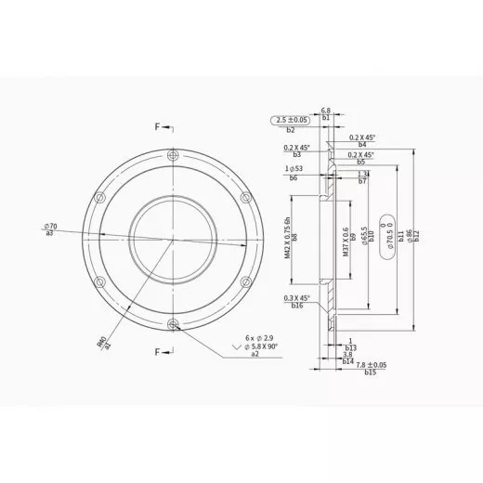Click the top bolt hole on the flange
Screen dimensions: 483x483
coord(173,155)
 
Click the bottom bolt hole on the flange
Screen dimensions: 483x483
coord(173,323)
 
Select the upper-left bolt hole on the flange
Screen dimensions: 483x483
coord(100,197)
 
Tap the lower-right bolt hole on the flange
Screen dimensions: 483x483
coord(245,281)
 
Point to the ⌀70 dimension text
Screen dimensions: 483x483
coord(51,227)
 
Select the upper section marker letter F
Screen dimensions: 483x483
coord(157,125)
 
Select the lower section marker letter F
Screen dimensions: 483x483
coord(157,352)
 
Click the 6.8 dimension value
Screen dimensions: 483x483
coord(327,110)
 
